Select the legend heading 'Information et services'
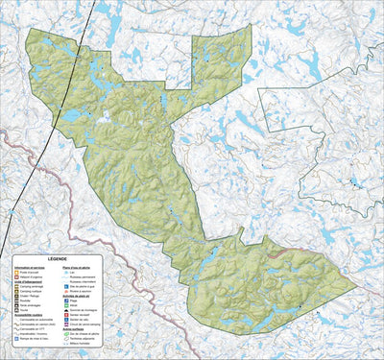point(25,268)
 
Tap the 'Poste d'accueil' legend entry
point(27,272)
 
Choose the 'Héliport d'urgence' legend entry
point(27,276)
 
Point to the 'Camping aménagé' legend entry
point(29,287)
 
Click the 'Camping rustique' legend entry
point(29,291)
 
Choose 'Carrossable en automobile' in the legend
point(34,320)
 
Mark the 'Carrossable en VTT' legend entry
point(30,329)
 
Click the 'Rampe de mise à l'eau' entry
point(32,339)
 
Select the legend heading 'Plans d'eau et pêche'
point(76,268)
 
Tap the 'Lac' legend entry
point(72,273)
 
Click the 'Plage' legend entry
point(73,300)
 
